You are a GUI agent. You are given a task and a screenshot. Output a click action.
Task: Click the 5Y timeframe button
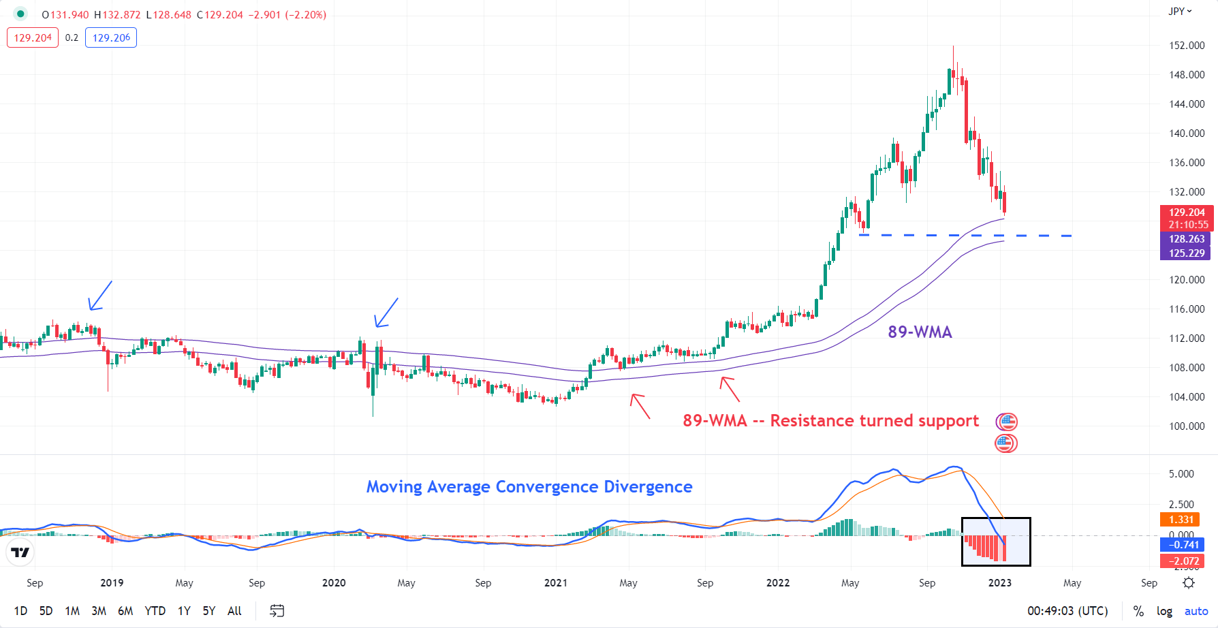208,611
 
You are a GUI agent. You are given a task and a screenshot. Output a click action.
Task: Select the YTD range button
155,611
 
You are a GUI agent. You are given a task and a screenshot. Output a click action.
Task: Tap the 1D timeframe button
20,611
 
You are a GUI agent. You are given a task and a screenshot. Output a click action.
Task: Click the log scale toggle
1164,611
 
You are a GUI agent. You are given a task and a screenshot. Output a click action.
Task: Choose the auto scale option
1196,611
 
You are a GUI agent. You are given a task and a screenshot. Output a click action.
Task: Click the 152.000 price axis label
1187,46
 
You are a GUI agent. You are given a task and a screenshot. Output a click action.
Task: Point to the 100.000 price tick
1187,426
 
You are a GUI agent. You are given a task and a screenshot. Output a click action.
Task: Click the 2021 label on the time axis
556,583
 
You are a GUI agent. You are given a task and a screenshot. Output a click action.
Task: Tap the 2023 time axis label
999,583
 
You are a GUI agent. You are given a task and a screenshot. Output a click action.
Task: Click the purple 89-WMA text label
920,332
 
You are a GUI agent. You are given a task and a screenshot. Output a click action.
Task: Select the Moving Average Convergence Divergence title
529,487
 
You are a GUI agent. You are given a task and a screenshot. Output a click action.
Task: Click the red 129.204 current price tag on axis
1187,213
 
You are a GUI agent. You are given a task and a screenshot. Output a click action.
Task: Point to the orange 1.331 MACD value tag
1181,520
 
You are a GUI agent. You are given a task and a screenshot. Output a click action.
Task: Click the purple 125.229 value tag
1186,253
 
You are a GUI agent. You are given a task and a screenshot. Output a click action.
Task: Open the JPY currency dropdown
1180,12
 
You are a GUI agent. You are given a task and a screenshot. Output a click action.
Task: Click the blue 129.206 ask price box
111,38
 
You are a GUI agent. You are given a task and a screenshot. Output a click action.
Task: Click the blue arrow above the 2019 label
100,296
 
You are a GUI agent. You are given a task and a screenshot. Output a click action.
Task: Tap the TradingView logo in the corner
20,552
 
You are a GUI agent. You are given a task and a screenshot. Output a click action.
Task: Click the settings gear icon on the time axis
1189,583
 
